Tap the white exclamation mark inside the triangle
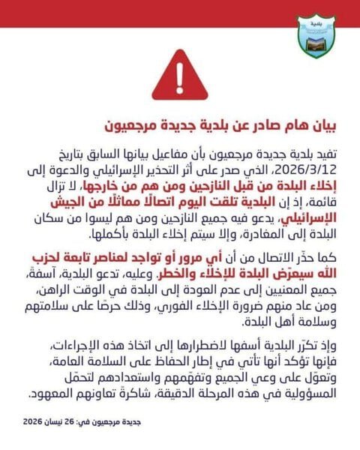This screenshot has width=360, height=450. [180, 73]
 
